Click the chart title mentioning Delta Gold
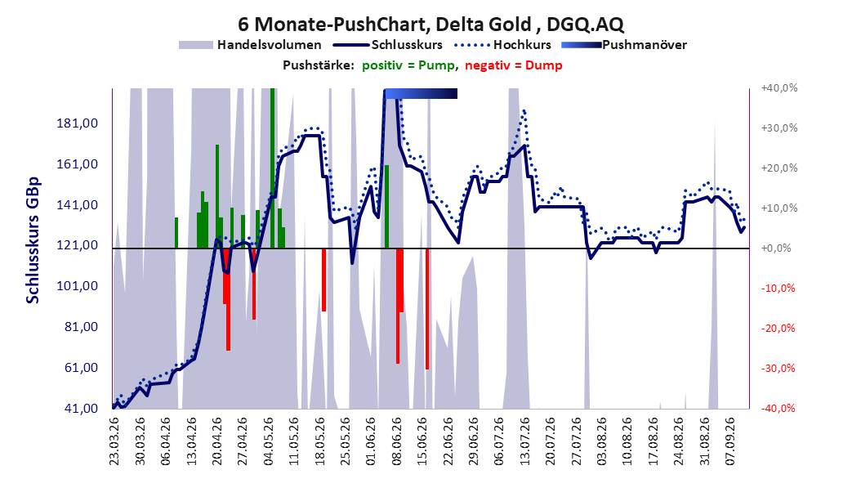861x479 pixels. [430, 25]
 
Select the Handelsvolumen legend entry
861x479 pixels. [250, 45]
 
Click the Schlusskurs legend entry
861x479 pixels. [388, 45]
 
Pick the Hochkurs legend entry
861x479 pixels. [502, 45]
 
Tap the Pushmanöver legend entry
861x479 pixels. [624, 45]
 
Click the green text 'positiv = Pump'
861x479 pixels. [408, 65]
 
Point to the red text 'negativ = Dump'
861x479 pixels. [514, 65]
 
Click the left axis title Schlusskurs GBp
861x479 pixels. [33, 240]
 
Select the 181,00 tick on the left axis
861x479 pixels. [78, 123]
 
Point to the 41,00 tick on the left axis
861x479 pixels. [81, 409]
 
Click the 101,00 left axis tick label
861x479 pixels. [78, 286]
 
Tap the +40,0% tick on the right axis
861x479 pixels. [779, 88]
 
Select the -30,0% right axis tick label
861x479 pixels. [778, 368]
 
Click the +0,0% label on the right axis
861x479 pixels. [776, 248]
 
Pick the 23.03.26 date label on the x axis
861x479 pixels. [114, 441]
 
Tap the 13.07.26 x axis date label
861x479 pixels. [524, 441]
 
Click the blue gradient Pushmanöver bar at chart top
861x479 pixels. [421, 94]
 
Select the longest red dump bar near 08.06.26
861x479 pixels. [398, 306]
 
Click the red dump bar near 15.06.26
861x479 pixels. [426, 309]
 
